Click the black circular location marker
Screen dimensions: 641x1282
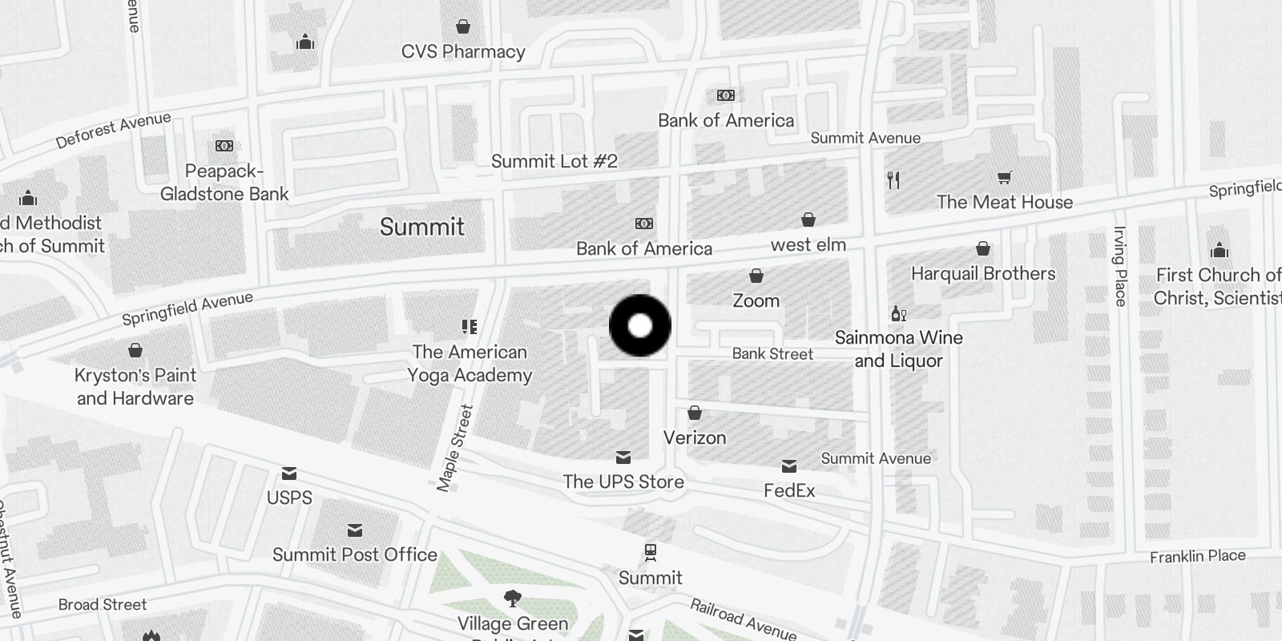pyautogui.click(x=640, y=326)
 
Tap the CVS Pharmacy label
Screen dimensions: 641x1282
pyautogui.click(x=463, y=52)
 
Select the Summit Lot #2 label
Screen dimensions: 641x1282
pyautogui.click(x=554, y=161)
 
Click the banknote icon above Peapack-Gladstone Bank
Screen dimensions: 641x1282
pyautogui.click(x=224, y=146)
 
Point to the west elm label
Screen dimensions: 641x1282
pyautogui.click(x=808, y=244)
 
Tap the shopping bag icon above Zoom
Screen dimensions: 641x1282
pyautogui.click(x=756, y=276)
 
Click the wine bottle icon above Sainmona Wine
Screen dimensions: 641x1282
pyautogui.click(x=898, y=313)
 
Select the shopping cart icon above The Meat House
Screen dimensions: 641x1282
pyautogui.click(x=1004, y=177)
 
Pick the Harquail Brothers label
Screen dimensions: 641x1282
pyautogui.click(x=983, y=273)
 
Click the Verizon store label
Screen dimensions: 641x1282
pyautogui.click(x=695, y=437)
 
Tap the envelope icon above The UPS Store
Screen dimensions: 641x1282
pyautogui.click(x=623, y=458)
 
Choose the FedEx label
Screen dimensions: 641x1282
pyautogui.click(x=789, y=490)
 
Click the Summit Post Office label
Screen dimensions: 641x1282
pyautogui.click(x=355, y=554)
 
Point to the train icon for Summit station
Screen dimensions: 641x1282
pyautogui.click(x=651, y=552)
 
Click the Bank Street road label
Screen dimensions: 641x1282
pyautogui.click(x=772, y=353)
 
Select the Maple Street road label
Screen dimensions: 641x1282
pyautogui.click(x=455, y=447)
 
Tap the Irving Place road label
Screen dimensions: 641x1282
pyautogui.click(x=1120, y=266)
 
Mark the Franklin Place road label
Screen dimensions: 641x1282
pyautogui.click(x=1198, y=556)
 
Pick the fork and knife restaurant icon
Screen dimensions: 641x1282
pyautogui.click(x=893, y=180)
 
